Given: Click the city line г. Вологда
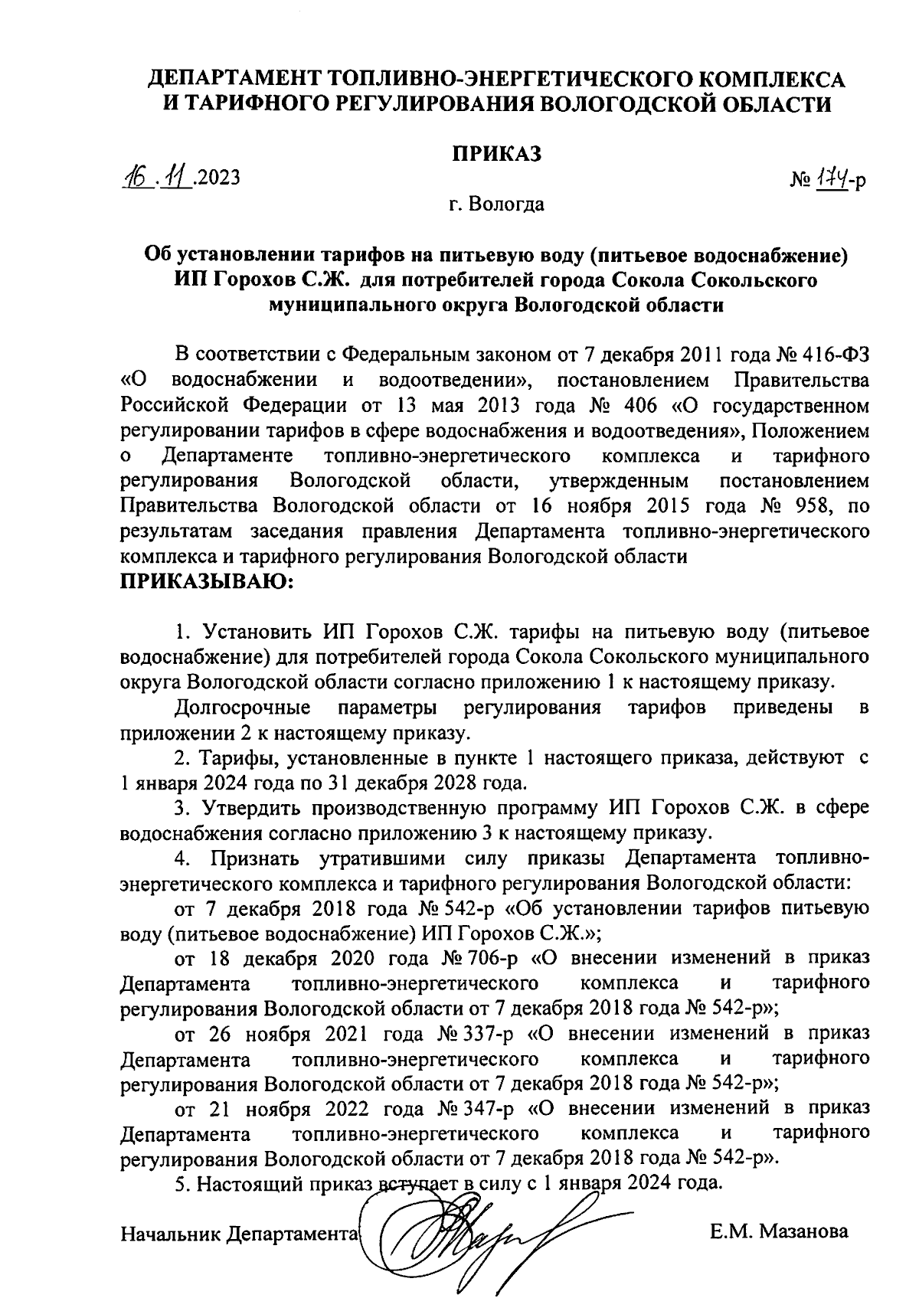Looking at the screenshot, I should (497, 204).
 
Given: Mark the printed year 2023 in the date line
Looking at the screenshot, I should (218, 178).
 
